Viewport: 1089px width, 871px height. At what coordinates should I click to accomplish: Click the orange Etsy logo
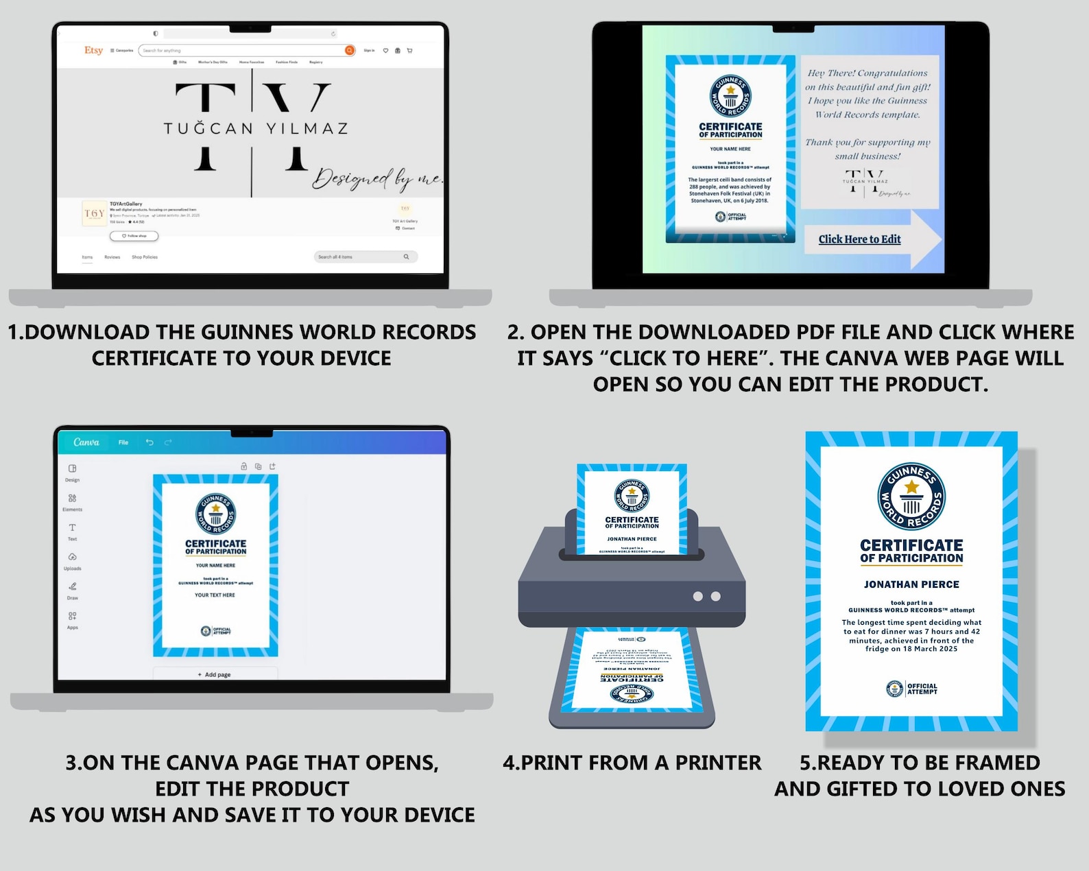point(93,50)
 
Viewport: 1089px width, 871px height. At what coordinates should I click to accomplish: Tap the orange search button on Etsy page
point(350,50)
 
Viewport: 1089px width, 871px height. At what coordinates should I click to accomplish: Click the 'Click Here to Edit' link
point(859,239)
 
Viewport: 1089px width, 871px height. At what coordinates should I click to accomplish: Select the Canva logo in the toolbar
point(86,442)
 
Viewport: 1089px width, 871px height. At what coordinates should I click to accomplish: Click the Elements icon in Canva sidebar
point(72,499)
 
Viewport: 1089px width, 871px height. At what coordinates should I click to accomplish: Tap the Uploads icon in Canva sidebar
point(72,558)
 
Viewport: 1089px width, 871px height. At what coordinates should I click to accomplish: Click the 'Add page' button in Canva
point(215,675)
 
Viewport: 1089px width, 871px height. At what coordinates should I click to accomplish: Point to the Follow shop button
point(134,236)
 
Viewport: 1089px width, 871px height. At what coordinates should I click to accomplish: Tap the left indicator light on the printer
point(697,596)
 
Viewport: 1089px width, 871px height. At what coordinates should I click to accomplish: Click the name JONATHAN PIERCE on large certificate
point(911,584)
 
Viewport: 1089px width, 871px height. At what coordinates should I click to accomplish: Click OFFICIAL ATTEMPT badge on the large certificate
point(911,689)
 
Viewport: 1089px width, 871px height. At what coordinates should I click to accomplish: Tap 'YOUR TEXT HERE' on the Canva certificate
point(215,595)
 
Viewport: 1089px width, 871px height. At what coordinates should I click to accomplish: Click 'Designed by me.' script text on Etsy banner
point(377,178)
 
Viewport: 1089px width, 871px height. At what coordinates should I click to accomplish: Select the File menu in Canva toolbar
point(123,442)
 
